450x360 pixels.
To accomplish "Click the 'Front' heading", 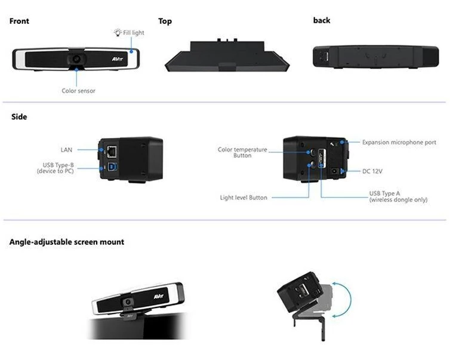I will pos(19,21).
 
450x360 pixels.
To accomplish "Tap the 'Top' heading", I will pos(165,21).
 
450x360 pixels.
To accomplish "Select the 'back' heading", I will pos(321,20).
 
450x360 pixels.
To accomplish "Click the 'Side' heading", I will pos(19,117).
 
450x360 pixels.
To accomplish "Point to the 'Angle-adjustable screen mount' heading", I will pos(67,242).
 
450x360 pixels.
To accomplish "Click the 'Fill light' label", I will pos(133,33).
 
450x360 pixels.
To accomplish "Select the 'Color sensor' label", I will pos(78,91).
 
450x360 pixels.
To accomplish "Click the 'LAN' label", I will pos(66,150).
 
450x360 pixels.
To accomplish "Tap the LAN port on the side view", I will pos(112,149).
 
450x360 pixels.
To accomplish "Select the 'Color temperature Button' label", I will pos(242,152).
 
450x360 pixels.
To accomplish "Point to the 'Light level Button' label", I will pos(243,198).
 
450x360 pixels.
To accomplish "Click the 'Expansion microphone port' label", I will pos(399,142).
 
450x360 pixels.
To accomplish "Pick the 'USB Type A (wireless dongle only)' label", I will pos(397,196).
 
